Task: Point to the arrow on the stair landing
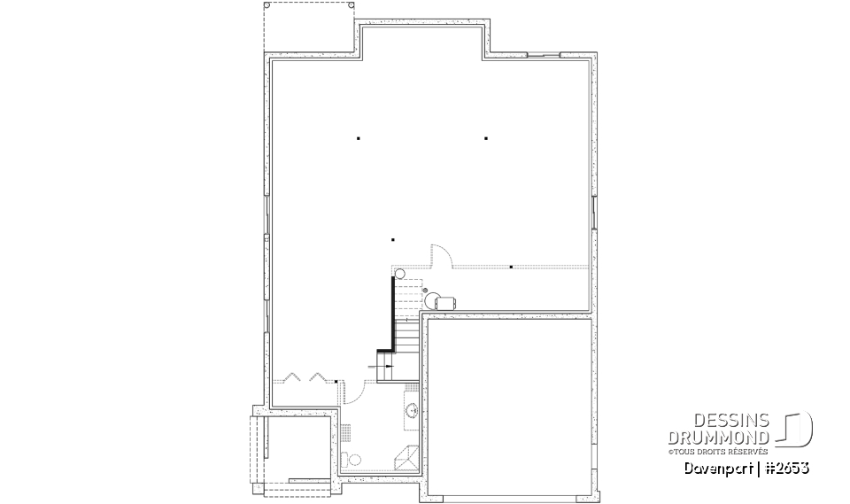[387, 365]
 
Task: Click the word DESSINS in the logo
[736, 421]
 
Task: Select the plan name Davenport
[713, 467]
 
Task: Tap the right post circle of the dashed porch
[352, 5]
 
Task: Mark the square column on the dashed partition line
[511, 266]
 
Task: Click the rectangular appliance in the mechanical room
[444, 301]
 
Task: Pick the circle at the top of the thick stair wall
[398, 273]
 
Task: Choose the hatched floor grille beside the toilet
[346, 431]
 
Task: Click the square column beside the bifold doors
[336, 382]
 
